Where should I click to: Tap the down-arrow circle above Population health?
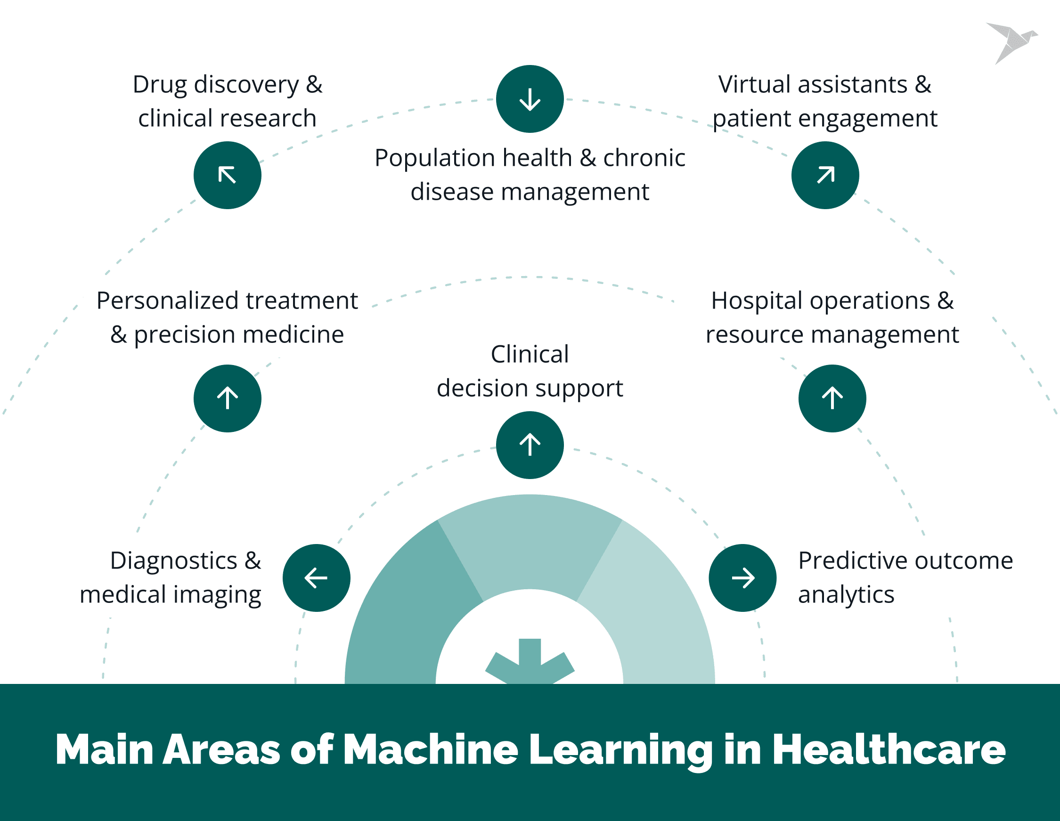530,99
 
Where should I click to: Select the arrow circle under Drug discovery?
227,175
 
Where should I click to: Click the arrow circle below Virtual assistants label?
825,175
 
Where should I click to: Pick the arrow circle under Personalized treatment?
227,398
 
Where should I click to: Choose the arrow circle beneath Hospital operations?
832,398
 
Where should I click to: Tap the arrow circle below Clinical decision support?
530,445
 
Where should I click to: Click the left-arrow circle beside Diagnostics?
317,578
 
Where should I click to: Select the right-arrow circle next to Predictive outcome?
742,578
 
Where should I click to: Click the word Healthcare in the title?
889,750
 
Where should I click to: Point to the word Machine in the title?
431,750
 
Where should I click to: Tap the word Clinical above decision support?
530,354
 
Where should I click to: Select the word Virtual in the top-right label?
755,84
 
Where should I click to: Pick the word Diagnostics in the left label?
173,561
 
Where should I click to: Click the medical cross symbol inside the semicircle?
530,662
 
